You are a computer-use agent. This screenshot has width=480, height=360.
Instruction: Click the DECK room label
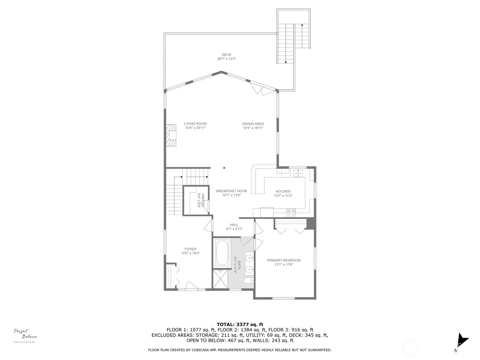pos(226,55)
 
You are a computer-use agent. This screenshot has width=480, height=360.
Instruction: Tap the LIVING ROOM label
pos(195,124)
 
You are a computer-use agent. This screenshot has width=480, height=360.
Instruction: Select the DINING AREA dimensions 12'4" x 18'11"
pos(253,128)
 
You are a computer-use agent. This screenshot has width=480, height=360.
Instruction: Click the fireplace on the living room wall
pos(171,135)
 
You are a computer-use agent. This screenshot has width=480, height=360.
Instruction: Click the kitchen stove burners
pos(291,213)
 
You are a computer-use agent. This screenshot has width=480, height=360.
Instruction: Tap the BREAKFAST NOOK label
pos(232,191)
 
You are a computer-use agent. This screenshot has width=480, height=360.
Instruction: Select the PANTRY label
pos(203,200)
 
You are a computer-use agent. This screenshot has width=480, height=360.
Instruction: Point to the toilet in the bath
pos(249,280)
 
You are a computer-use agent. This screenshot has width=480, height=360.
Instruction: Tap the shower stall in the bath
pos(220,279)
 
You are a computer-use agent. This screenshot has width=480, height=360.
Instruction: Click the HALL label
pos(234,225)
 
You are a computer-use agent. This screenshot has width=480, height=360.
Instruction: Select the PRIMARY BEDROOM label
pos(283,260)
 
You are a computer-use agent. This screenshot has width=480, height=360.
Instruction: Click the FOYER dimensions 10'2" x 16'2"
pos(190,253)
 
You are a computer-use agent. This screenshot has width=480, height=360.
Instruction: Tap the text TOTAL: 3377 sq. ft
pos(240,324)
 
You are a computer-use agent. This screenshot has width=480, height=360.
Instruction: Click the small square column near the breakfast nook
pos(224,168)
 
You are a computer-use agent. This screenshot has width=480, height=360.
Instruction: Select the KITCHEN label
pos(283,191)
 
